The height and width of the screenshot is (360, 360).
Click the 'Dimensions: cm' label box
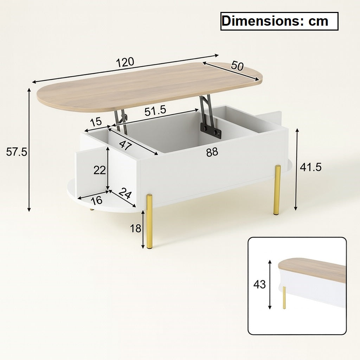(x=279, y=21)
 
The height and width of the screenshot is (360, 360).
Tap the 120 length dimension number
(x=126, y=62)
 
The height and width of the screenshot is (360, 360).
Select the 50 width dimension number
(x=237, y=66)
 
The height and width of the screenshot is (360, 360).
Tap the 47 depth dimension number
(x=123, y=145)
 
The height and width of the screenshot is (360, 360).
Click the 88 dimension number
(x=212, y=152)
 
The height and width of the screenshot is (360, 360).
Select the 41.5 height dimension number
(x=310, y=167)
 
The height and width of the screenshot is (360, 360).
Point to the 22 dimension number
(x=99, y=170)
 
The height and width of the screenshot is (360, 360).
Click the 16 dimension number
(x=96, y=200)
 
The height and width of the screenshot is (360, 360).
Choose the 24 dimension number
(x=125, y=193)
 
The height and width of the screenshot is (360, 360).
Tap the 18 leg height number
(x=135, y=229)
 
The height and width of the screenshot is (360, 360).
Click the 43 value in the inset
(x=259, y=284)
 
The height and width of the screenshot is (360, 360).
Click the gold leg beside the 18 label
(x=149, y=221)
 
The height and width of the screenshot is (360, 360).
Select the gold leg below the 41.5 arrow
(x=277, y=190)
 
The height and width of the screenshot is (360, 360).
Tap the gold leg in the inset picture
(x=284, y=297)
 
